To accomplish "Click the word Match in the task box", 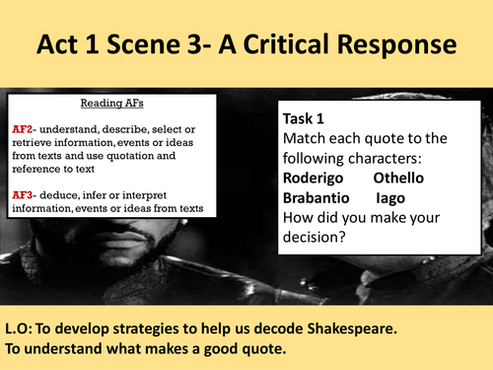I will pyautogui.click(x=307, y=138).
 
